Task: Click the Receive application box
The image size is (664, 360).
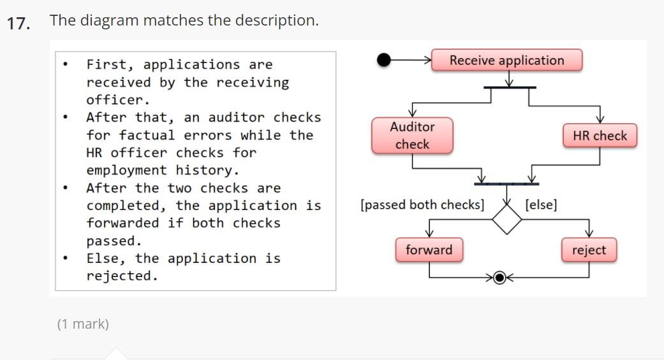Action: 506,60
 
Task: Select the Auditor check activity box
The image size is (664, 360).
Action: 412,135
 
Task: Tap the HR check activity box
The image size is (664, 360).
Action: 600,135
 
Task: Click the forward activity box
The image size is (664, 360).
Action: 429,250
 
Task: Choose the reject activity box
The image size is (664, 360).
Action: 589,250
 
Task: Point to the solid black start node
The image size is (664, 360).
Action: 384,60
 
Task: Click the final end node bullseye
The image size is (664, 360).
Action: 500,277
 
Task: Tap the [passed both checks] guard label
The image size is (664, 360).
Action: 422,205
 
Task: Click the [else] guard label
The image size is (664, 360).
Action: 540,205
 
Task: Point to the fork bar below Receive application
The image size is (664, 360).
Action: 509,87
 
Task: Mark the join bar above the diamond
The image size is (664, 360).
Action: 507,184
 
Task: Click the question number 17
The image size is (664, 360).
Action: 18,24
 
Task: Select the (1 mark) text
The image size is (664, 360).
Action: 83,324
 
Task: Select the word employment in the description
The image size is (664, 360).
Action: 125,170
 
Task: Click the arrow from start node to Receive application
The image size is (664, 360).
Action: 412,60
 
